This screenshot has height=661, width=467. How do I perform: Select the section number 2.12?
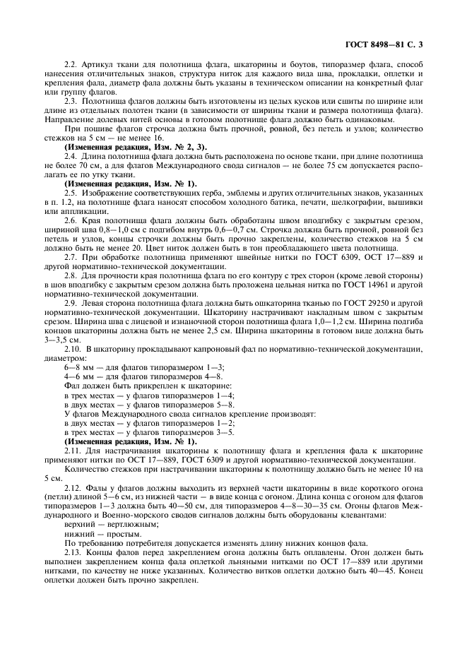73,487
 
